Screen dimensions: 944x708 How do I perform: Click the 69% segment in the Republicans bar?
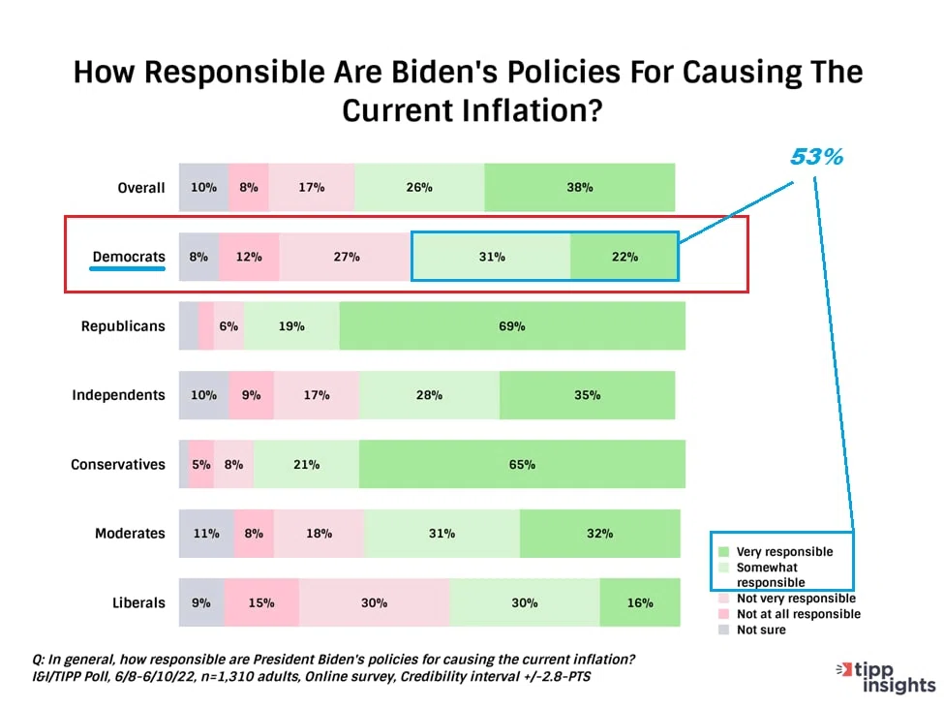[x=512, y=325]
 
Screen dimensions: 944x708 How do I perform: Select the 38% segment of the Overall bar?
[x=580, y=187]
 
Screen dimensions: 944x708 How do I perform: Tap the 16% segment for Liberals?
[x=640, y=602]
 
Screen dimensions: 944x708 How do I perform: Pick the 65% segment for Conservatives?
[x=522, y=464]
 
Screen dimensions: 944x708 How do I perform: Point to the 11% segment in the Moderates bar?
[x=206, y=534]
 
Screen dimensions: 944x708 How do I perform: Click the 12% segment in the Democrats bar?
[x=249, y=257]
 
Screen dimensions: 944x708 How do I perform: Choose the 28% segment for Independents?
[x=429, y=395]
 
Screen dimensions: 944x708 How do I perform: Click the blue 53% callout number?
[x=816, y=157]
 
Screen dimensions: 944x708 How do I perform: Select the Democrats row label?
[x=129, y=257]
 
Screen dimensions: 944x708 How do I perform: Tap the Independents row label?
[x=118, y=395]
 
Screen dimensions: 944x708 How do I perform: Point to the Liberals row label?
[x=138, y=602]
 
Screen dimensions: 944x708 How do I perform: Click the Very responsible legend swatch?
[x=723, y=551]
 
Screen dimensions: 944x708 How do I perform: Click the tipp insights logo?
[x=886, y=677]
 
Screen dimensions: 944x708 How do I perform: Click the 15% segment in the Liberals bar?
[x=261, y=602]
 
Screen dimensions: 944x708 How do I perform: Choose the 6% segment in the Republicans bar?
[x=228, y=325]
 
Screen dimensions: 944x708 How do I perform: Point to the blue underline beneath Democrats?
[x=128, y=268]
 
